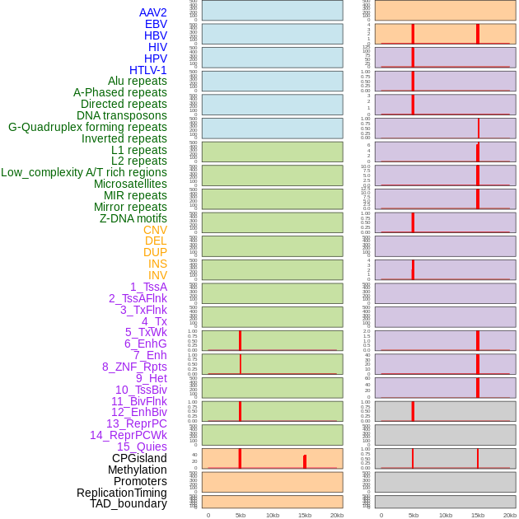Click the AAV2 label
pyautogui.click(x=152, y=12)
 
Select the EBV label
pyautogui.click(x=155, y=24)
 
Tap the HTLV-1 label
pyautogui.click(x=147, y=70)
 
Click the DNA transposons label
pyautogui.click(x=122, y=115)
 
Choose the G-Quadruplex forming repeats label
pyautogui.click(x=87, y=127)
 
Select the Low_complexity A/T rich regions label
pyautogui.click(x=84, y=172)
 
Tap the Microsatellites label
pyautogui.click(x=130, y=184)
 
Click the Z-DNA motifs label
pyautogui.click(x=133, y=218)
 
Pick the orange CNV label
pyautogui.click(x=155, y=230)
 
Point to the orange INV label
pyautogui.click(x=157, y=275)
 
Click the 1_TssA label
pyautogui.click(x=148, y=287)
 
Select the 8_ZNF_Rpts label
pyautogui.click(x=134, y=367)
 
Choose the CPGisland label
pyautogui.click(x=139, y=458)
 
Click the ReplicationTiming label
pyautogui.click(x=121, y=493)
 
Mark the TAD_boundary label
pyautogui.click(x=128, y=503)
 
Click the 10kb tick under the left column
pyautogui.click(x=272, y=515)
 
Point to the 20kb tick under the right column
pyautogui.click(x=509, y=515)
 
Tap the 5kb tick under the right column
pyautogui.click(x=413, y=515)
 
